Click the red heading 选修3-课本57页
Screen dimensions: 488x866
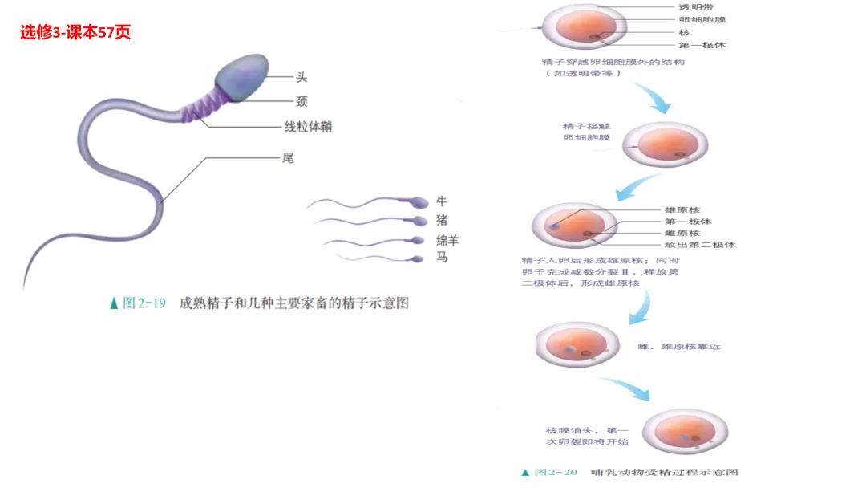[x=75, y=32]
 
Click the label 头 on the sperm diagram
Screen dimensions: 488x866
[x=301, y=77]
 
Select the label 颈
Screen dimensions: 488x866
[x=301, y=101]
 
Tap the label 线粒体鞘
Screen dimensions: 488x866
[x=308, y=127]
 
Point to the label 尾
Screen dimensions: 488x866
[x=288, y=158]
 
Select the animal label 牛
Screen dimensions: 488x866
[x=442, y=201]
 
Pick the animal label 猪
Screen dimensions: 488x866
[x=442, y=220]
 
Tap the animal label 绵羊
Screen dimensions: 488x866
[x=447, y=240]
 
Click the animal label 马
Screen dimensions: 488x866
[x=442, y=258]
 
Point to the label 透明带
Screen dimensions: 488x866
[x=697, y=6]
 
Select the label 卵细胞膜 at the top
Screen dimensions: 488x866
[x=702, y=19]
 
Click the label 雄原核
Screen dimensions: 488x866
[x=682, y=209]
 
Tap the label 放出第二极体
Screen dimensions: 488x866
[x=699, y=244]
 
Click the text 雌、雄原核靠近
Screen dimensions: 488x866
[x=679, y=347]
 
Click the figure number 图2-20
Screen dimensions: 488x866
[x=554, y=473]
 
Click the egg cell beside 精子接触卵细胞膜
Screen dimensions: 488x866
[x=666, y=144]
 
